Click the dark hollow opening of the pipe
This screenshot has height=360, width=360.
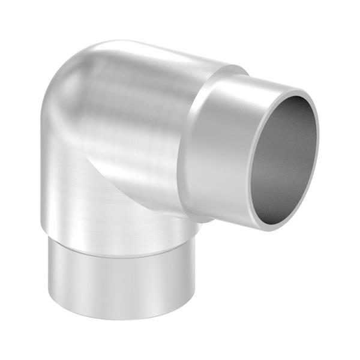click(282, 159)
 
